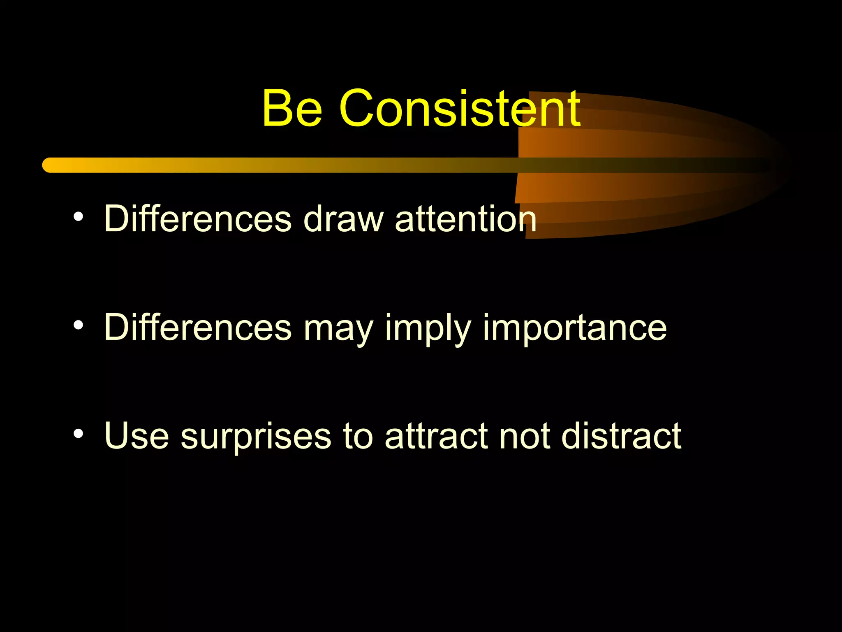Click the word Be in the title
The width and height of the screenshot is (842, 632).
pyautogui.click(x=292, y=109)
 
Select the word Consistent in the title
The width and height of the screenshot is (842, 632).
pyautogui.click(x=460, y=109)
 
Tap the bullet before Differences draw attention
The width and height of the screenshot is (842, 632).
pyautogui.click(x=79, y=217)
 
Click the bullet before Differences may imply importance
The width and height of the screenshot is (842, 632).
pyautogui.click(x=79, y=325)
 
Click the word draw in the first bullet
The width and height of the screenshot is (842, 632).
pyautogui.click(x=343, y=219)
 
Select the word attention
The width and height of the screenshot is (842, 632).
pyautogui.click(x=465, y=219)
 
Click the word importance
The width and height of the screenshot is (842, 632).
pyautogui.click(x=574, y=328)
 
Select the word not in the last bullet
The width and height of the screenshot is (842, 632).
pyautogui.click(x=524, y=436)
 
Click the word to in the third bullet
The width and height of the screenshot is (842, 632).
pyautogui.click(x=358, y=436)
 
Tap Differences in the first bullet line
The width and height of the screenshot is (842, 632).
pyautogui.click(x=198, y=219)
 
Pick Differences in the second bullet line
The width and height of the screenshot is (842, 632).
pyautogui.click(x=198, y=328)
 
